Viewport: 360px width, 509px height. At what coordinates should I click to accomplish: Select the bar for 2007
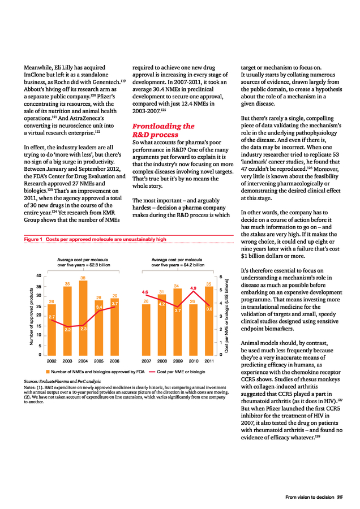(x=146, y=331)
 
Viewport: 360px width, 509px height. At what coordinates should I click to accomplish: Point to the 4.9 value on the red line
(x=193, y=288)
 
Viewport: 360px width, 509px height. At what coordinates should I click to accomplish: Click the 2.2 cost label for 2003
(x=67, y=329)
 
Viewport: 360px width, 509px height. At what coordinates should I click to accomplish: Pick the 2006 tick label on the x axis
(x=114, y=360)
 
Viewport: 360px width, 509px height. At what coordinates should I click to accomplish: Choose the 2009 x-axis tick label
(x=177, y=360)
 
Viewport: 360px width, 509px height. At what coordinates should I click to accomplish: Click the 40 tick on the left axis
(x=38, y=275)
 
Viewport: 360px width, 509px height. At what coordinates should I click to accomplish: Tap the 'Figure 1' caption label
(x=33, y=239)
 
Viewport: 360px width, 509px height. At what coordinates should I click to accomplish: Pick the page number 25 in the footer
(x=340, y=497)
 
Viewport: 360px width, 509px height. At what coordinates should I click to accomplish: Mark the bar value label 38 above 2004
(x=83, y=278)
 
